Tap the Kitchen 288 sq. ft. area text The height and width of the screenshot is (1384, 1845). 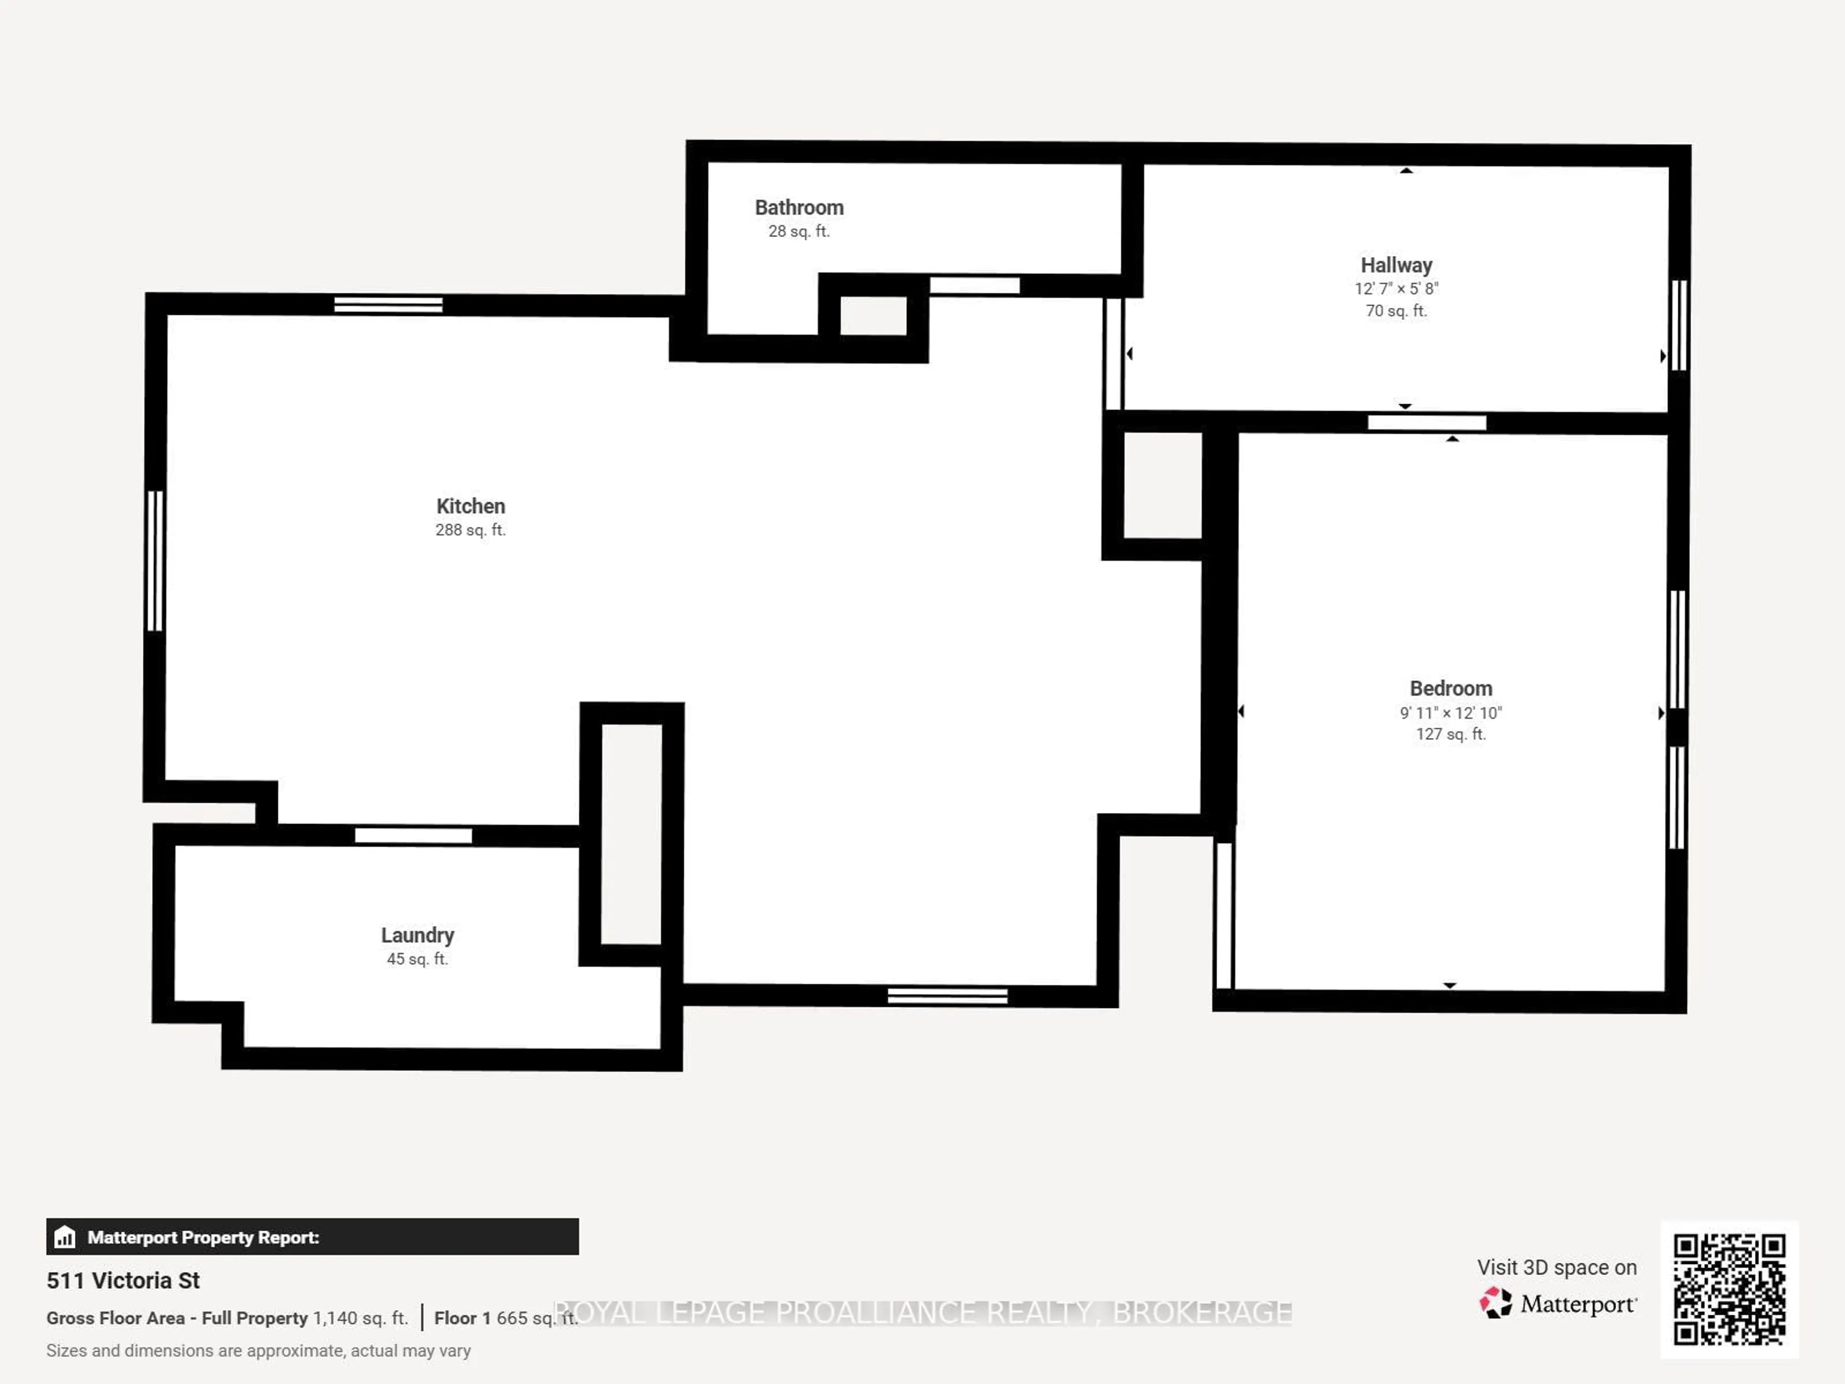coord(470,530)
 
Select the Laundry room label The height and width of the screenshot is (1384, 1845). coord(417,935)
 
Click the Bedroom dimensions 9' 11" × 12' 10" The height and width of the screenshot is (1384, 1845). coord(1451,713)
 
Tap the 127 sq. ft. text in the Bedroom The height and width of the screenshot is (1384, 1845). coord(1451,734)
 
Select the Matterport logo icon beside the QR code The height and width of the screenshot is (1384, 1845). coord(1496,1302)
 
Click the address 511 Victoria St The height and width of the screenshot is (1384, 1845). coord(123,1281)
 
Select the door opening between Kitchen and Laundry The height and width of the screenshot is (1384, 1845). coord(413,835)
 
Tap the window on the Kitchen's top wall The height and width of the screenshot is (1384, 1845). coord(388,305)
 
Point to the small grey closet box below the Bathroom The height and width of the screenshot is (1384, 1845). coord(873,315)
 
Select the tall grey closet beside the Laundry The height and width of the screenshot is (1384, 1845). coord(631,834)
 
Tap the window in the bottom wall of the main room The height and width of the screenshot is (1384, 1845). coord(947,995)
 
